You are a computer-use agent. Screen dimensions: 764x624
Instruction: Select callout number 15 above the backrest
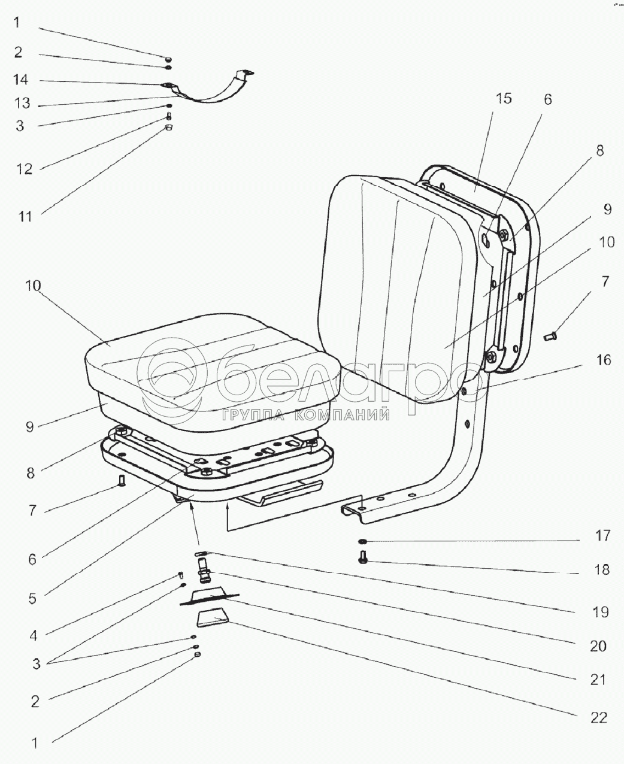tap(504, 98)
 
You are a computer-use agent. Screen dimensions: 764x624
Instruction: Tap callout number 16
tap(603, 360)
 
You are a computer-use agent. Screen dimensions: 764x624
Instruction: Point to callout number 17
tap(602, 535)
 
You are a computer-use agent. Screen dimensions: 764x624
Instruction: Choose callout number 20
tap(598, 646)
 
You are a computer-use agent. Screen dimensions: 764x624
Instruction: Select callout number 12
tap(23, 169)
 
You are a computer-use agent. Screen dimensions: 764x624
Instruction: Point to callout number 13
tap(22, 104)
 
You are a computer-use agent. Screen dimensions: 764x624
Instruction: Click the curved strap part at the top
tap(210, 96)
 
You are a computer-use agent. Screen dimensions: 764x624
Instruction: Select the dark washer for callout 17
tap(363, 541)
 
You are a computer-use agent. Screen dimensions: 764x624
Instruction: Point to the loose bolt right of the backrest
tap(551, 338)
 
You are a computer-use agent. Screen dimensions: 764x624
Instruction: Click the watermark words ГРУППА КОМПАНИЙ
tap(305, 414)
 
